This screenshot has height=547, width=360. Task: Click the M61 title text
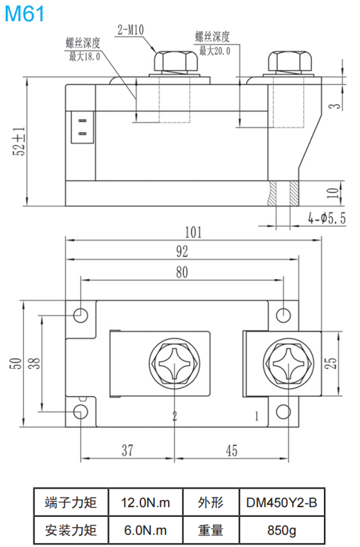click(x=25, y=13)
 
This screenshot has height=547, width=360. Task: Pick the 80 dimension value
click(x=182, y=271)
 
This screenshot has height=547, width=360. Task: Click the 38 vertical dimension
click(x=34, y=362)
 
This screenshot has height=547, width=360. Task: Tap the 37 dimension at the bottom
click(x=127, y=450)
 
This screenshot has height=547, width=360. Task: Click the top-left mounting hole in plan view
click(x=80, y=314)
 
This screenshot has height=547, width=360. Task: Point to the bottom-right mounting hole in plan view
click(x=284, y=411)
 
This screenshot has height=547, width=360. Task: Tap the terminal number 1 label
click(x=257, y=415)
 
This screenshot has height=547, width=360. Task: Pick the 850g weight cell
click(x=281, y=530)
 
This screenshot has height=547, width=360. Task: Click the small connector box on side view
click(x=82, y=127)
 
